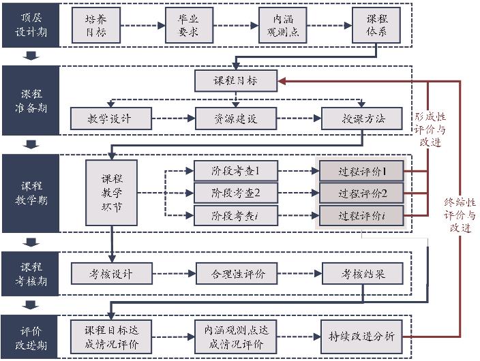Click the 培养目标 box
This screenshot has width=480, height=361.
tap(95, 25)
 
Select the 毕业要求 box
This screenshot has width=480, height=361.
tap(188, 25)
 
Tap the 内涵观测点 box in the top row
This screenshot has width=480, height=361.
tap(282, 25)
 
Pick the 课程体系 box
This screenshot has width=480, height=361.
tap(375, 25)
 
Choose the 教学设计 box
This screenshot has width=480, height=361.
tap(110, 119)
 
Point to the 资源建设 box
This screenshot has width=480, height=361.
tap(236, 119)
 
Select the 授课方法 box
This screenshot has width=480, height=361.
tap(362, 119)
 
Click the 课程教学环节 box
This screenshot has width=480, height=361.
tap(111, 192)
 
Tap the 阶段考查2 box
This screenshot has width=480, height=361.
tap(236, 193)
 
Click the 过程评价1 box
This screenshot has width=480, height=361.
tap(362, 170)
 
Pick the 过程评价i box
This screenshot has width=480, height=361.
tap(362, 216)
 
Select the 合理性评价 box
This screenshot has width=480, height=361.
tap(236, 274)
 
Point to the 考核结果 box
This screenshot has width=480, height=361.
tap(362, 274)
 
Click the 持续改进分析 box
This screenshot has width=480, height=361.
tap(362, 336)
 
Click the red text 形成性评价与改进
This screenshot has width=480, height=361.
tap(431, 129)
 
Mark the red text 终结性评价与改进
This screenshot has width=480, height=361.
tap(461, 215)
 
